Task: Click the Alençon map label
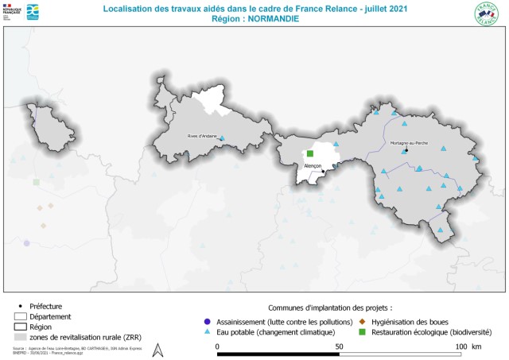coord(313,165)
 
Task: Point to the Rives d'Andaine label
coord(202,136)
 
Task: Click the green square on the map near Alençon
coord(310,153)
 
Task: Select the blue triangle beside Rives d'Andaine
coord(222,138)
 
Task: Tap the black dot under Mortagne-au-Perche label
coord(406,149)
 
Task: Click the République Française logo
coord(11,12)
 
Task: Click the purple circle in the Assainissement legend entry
coord(208,321)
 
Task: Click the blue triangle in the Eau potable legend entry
coord(208,331)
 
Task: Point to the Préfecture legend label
coord(45,306)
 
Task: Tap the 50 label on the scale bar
coord(339,347)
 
